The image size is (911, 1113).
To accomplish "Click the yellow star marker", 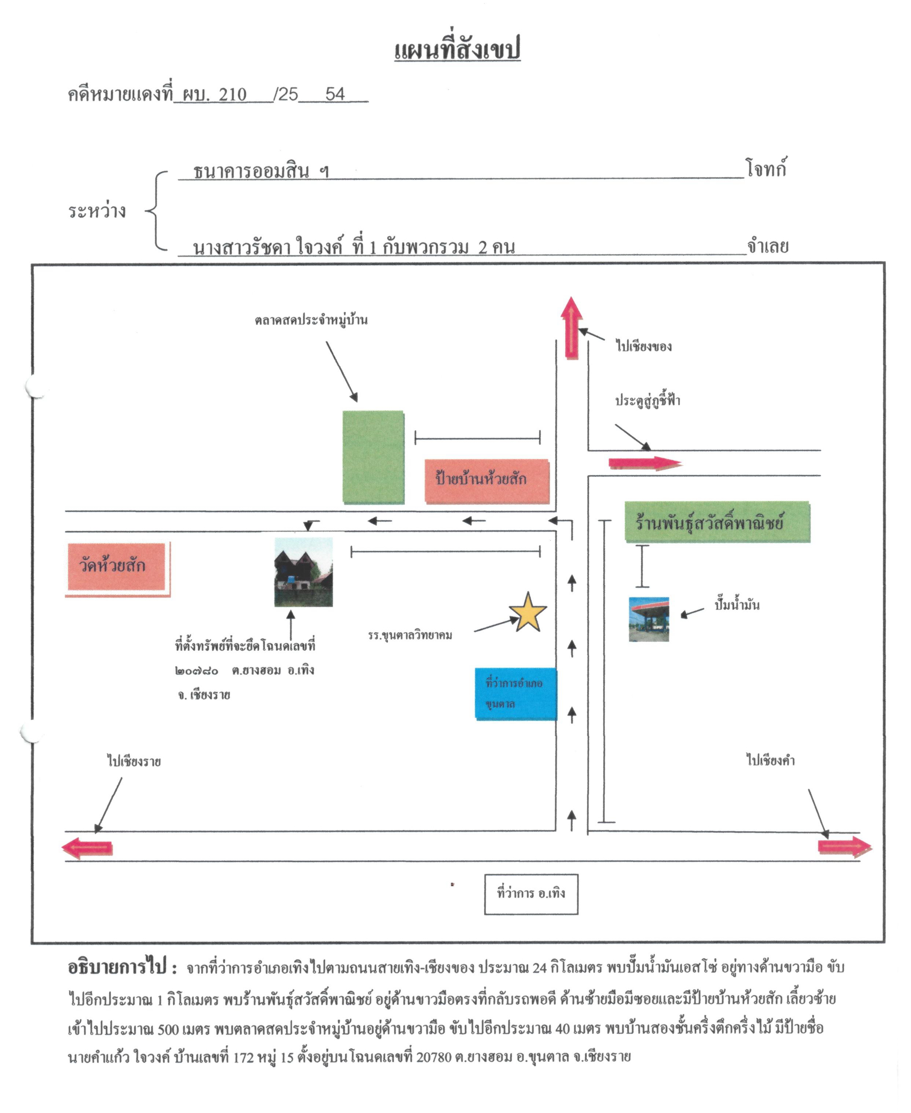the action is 528,612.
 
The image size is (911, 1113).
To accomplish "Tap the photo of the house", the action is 303,572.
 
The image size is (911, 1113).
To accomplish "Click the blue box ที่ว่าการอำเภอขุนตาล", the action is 516,694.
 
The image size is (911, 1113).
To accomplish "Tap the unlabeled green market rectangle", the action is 373,457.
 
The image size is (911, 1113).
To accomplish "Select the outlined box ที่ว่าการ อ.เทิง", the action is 531,894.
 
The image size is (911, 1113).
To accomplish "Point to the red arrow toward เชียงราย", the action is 87,848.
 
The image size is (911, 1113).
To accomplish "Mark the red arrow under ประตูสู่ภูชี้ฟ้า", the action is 645,463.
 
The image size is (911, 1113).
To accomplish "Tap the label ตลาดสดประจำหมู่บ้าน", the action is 311,319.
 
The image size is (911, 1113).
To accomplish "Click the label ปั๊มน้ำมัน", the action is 737,605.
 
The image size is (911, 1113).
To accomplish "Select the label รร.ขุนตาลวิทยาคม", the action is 410,635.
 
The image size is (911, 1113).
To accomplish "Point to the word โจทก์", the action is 766,169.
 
